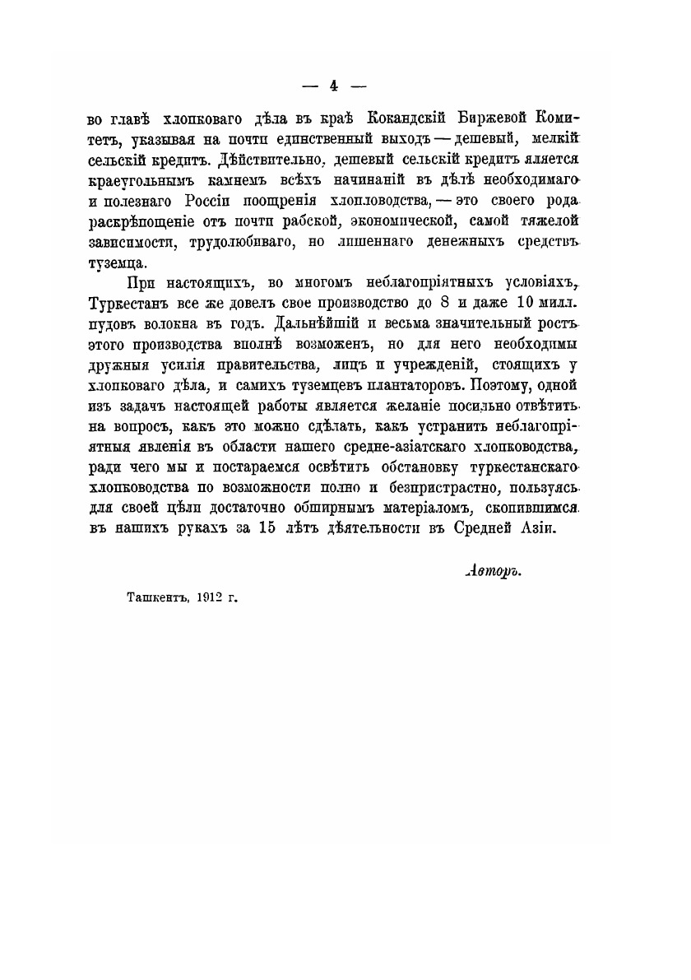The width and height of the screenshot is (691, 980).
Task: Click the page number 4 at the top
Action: coord(334,85)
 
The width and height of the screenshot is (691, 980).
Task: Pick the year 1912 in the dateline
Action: coord(198,599)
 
